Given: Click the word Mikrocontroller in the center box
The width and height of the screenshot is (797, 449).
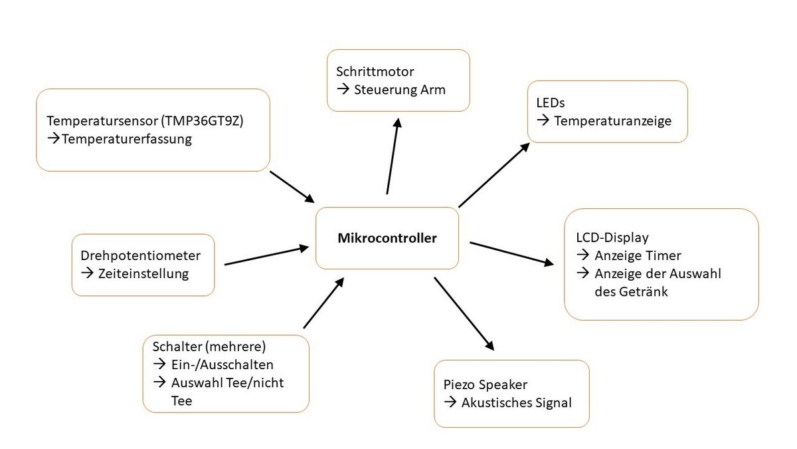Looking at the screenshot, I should (x=387, y=238).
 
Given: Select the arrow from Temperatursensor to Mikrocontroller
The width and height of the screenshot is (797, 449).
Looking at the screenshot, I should (x=292, y=187).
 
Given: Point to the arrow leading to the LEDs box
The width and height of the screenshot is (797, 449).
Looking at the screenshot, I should (x=494, y=175).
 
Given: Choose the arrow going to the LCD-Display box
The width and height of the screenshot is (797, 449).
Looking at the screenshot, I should (x=511, y=253).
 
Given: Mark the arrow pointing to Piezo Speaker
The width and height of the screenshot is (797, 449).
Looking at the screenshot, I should (x=464, y=313).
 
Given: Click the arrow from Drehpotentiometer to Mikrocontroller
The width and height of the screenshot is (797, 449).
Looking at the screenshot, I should (x=267, y=255).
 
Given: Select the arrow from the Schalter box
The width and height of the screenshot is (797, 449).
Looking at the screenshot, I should (x=323, y=303).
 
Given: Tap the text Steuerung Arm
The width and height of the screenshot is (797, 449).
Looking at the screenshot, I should (x=400, y=88).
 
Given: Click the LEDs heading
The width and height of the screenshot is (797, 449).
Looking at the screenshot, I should (x=551, y=103).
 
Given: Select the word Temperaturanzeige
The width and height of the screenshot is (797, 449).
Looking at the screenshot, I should (x=613, y=121).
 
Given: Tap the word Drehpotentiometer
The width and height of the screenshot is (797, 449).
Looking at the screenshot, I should (x=140, y=255).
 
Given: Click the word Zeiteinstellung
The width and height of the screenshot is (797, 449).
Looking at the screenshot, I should (x=143, y=273).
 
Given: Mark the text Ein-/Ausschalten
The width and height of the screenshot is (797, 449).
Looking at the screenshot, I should (x=222, y=365).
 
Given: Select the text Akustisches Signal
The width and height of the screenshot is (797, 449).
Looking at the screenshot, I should (x=516, y=402).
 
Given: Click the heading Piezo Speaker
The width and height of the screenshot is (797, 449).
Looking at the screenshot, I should (x=486, y=384).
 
